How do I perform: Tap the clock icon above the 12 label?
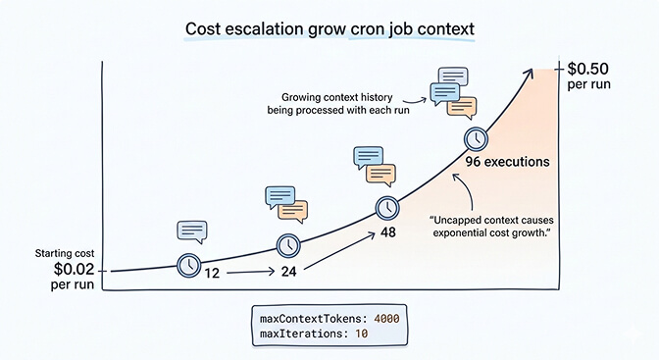[188, 264]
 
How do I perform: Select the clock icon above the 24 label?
[289, 244]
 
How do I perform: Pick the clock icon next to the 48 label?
[388, 208]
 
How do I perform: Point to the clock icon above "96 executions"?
[478, 138]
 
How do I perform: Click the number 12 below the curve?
[211, 272]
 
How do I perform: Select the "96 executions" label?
[507, 162]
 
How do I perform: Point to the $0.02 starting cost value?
[76, 268]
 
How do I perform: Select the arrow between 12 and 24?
[249, 273]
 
